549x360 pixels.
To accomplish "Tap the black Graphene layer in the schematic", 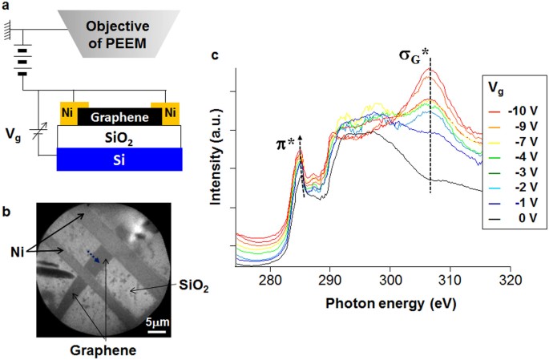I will point(119,114).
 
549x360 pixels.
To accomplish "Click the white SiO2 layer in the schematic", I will point(119,137).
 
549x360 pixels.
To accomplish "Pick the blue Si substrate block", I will point(119,160).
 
